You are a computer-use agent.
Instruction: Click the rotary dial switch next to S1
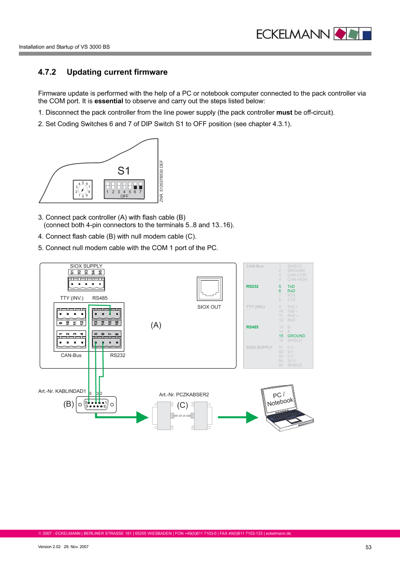[83, 189]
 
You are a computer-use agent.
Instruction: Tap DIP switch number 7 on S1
[140, 186]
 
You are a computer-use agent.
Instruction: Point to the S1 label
[124, 171]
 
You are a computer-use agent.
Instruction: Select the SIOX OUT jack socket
[209, 288]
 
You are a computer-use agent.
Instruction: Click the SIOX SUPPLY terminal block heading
[86, 266]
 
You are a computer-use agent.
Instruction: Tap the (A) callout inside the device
[156, 326]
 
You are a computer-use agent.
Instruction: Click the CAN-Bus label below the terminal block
[70, 355]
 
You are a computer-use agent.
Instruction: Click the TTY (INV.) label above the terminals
[71, 298]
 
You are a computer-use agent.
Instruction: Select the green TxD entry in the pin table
[291, 286]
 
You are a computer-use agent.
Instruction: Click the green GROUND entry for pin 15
[296, 336]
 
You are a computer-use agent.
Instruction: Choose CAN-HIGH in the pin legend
[297, 279]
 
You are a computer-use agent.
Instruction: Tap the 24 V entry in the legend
[292, 360]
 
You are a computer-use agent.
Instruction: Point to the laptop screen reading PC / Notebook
[281, 398]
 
